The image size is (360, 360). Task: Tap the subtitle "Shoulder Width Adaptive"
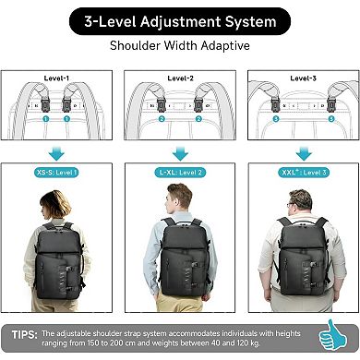[x=180, y=44]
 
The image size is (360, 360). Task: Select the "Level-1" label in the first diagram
[x=57, y=79]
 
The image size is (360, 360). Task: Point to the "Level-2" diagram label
[x=181, y=79]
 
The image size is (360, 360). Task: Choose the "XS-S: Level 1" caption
[x=57, y=173]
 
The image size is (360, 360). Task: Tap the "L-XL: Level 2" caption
[x=181, y=173]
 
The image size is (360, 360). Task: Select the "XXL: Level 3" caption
[x=302, y=173]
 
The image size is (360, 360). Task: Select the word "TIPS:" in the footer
[x=26, y=333]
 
